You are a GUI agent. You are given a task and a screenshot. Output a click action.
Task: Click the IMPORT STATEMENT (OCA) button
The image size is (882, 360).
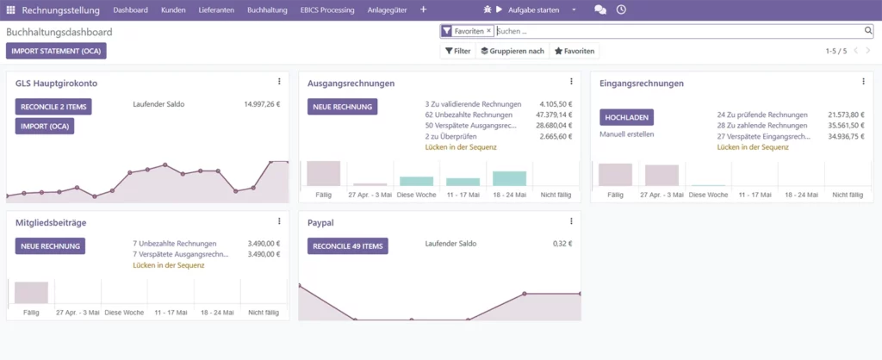point(56,51)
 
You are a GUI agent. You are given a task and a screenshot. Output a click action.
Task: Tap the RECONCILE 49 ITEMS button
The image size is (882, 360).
point(348,245)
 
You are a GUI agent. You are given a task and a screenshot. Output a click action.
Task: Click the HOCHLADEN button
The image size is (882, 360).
point(627,117)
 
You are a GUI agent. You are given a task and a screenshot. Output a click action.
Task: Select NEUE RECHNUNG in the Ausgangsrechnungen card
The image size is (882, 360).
point(343,106)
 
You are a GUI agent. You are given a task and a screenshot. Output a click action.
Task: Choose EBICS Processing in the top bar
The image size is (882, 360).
point(327,10)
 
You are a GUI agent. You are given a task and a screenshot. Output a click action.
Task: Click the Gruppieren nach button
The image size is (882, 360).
point(512,51)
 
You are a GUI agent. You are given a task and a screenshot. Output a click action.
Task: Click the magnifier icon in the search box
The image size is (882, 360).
point(868,31)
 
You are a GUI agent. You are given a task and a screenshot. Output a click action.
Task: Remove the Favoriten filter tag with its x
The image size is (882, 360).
point(489,31)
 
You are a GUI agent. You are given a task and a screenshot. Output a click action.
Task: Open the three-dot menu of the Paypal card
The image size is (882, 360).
point(572,221)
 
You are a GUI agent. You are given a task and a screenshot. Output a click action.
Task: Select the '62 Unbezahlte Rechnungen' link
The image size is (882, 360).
point(469,115)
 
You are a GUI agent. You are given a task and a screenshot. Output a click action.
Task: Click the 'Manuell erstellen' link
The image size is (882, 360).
point(627,134)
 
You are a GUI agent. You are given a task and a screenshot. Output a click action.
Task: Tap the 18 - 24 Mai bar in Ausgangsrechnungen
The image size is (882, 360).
point(510,178)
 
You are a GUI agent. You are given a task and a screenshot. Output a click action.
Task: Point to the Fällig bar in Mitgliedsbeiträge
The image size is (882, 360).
point(32,293)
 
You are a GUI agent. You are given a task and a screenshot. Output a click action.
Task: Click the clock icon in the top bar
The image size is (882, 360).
point(621,9)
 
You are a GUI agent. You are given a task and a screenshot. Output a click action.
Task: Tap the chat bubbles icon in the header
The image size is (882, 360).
point(600,10)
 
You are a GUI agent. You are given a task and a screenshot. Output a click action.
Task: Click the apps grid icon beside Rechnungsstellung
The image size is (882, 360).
point(10,10)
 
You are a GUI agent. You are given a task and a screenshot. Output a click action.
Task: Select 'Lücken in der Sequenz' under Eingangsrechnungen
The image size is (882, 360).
point(753,147)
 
